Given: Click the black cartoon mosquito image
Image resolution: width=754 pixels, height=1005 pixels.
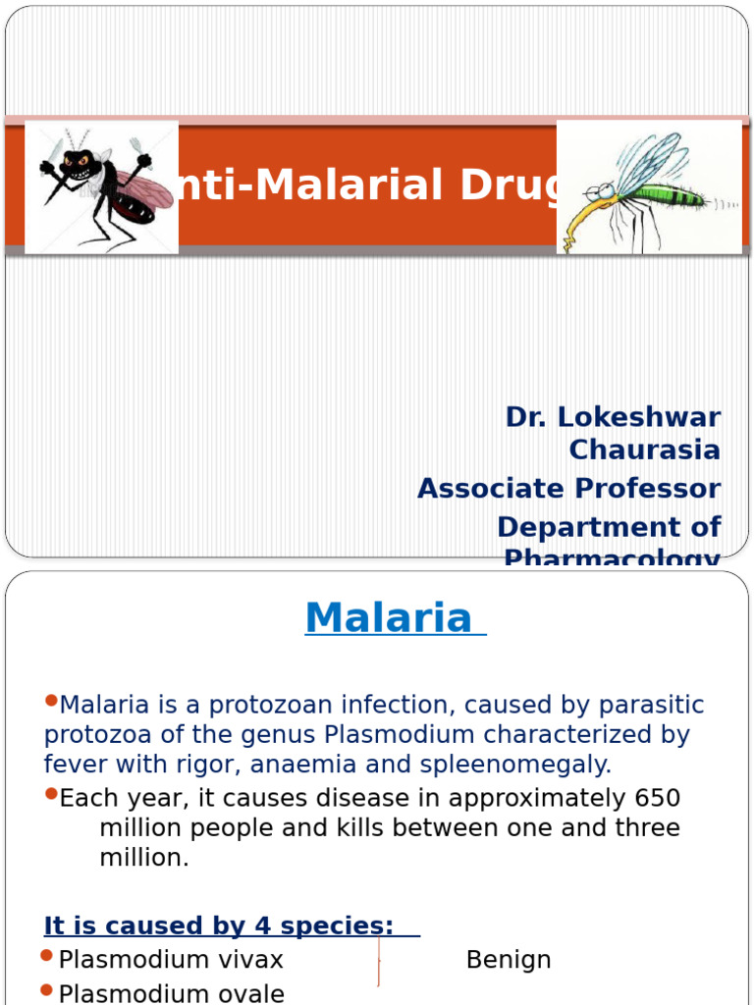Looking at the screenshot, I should point(101,187).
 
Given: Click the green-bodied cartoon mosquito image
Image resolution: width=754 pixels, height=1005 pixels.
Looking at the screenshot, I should point(648,187).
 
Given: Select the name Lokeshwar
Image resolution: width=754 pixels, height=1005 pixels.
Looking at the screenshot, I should point(639,416).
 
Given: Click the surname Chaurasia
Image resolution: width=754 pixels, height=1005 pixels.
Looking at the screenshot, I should point(645,450).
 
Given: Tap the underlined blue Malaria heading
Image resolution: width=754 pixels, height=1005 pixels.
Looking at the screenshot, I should point(390,618).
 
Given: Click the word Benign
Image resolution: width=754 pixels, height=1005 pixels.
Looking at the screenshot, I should point(509,959).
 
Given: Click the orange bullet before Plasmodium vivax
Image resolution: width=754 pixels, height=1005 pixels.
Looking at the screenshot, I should point(47,956).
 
